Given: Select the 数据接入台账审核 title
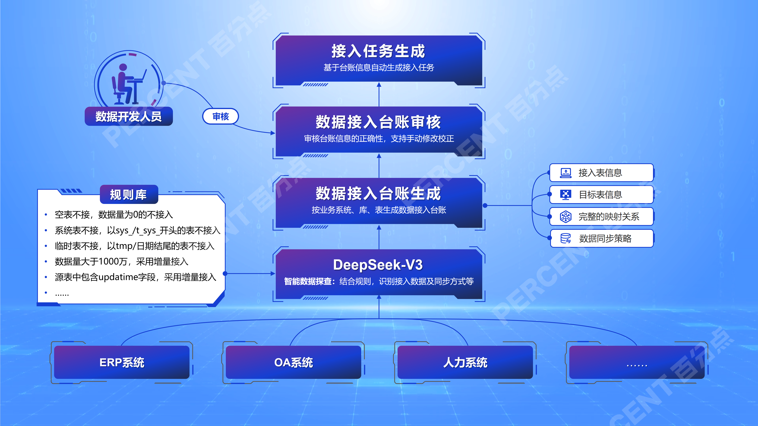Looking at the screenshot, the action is coord(378,122).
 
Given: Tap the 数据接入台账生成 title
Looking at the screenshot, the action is coord(378,193).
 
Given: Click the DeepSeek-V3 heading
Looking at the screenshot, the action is coord(378,265).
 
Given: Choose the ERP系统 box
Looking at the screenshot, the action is coord(122,362).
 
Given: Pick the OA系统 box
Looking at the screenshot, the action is coord(293,362).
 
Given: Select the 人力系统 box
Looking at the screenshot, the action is coord(465,362).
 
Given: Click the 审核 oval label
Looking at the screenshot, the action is coord(220,116).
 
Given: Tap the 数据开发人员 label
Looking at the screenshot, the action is coord(129,116).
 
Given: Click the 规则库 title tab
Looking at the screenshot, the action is coord(129,194).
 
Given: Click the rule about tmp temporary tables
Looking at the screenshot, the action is coord(134,246).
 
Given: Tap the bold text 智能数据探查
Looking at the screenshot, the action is coord(308,281).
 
